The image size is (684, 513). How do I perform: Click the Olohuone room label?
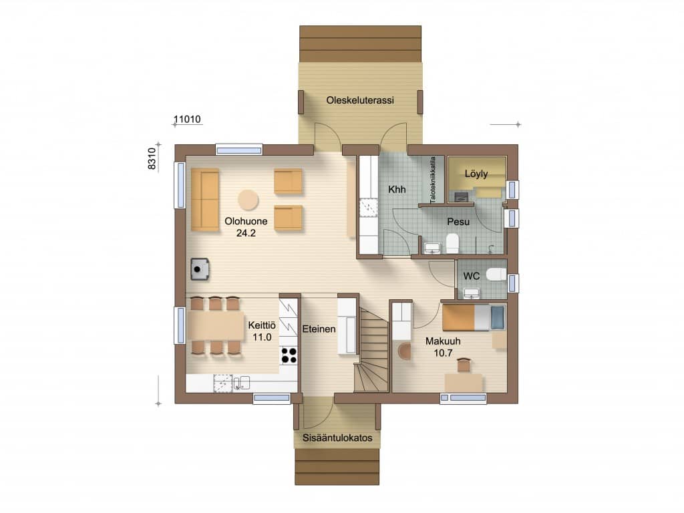246,221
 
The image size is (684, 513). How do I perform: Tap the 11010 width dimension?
187,119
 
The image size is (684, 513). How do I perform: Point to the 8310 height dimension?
152,159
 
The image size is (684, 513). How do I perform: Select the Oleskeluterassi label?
360,100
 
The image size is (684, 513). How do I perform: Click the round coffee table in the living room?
248,200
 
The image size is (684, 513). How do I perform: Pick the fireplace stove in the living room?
200,269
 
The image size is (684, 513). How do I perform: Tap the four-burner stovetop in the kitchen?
289,355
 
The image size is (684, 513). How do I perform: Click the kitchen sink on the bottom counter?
242,383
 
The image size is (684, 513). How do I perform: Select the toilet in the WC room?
496,275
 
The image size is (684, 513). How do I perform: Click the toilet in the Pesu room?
452,243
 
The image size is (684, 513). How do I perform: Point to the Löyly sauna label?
476,174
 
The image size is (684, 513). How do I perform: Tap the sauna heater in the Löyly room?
461,197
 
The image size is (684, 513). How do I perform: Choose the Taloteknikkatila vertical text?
433,180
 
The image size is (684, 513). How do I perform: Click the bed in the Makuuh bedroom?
474,317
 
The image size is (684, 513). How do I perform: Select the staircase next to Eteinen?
371,349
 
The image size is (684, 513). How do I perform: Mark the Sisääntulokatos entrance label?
337,438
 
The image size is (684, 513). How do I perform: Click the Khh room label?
397,190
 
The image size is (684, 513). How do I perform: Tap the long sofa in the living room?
204,200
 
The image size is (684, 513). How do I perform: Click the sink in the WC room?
471,293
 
